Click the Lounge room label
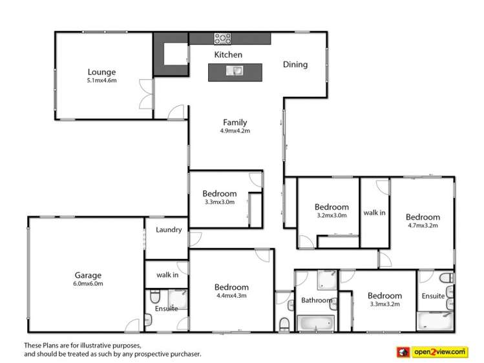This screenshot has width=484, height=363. [101, 72]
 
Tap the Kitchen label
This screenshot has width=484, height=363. [228, 55]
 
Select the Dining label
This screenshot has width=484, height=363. [295, 65]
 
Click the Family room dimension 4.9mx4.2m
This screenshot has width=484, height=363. [235, 130]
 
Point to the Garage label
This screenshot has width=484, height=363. [88, 275]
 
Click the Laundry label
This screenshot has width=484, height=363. [169, 229]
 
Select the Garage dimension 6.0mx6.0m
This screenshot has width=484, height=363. [88, 283]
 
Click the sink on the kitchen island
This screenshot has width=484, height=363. [234, 71]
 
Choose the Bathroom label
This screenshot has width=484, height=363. [317, 300]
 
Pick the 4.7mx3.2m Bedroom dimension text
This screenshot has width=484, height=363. [423, 225]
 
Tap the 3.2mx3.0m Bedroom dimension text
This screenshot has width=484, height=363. [331, 215]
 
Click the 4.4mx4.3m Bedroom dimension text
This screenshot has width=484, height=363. [231, 296]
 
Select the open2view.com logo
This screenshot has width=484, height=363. [432, 351]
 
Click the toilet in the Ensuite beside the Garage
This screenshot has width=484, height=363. [154, 298]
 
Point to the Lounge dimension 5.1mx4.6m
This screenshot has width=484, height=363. [101, 81]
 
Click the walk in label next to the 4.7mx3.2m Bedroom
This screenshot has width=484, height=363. [374, 213]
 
